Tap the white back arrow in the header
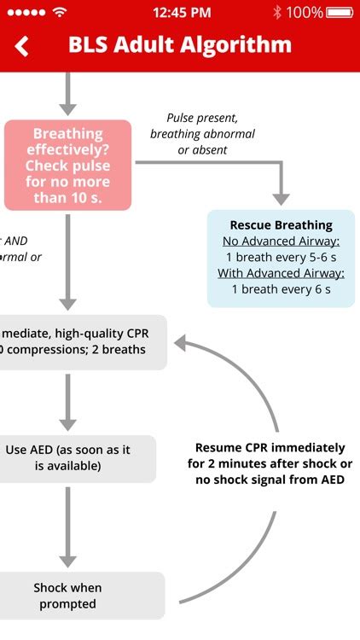22,46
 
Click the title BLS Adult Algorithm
180,45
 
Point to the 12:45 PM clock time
182,12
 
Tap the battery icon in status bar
339,12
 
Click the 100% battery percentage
305,12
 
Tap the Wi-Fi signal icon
59,12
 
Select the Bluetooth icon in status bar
277,12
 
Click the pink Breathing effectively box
68,166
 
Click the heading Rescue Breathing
281,225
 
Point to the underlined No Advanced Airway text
281,241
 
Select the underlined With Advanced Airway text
281,273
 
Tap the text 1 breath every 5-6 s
281,257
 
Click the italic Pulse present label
202,118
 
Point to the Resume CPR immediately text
270,447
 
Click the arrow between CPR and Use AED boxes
68,401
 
